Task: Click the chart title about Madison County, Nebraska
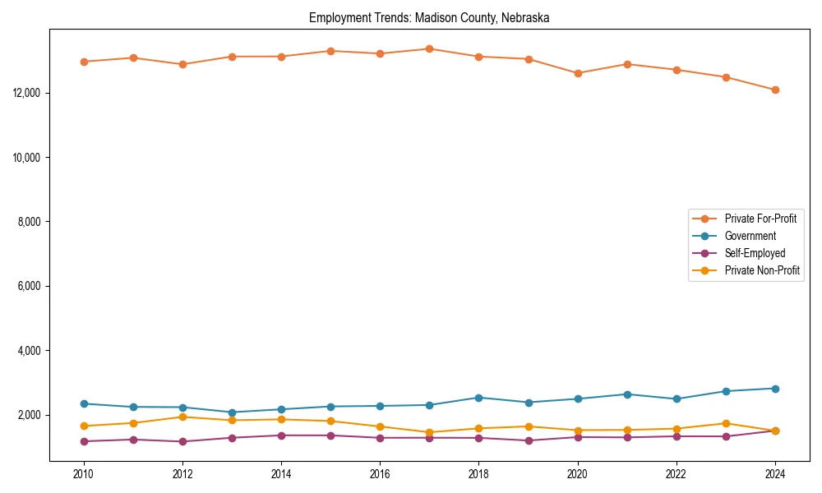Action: coord(429,17)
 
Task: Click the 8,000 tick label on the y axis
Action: coord(30,222)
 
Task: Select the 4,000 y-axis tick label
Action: coord(30,351)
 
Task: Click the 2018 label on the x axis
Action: coord(479,474)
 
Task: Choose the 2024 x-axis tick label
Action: coord(775,474)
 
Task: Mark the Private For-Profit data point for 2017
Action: coord(430,48)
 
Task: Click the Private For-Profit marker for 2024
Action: coord(775,90)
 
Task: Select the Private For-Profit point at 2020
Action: coord(578,73)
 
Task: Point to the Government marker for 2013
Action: coord(232,412)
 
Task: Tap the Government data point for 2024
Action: coord(775,389)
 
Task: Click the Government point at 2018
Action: coord(479,398)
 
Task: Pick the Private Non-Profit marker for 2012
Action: coord(182,417)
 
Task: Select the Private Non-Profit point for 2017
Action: coord(430,432)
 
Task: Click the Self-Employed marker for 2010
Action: coord(84,441)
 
